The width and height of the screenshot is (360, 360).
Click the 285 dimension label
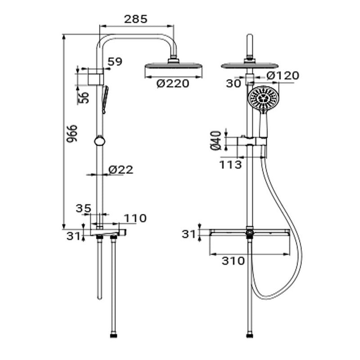pos(135,19)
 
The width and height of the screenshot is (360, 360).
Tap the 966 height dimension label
pos(72,134)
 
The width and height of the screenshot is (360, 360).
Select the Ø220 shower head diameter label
pos(173,83)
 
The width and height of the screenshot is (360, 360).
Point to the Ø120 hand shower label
pos(283,76)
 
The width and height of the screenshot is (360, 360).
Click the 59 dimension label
pos(115,62)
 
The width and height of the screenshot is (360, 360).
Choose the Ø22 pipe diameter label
pos(121,170)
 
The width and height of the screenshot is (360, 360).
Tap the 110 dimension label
pos(135,218)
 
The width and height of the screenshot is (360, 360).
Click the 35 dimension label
pos(84,208)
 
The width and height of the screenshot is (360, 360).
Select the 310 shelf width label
pos(233,261)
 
